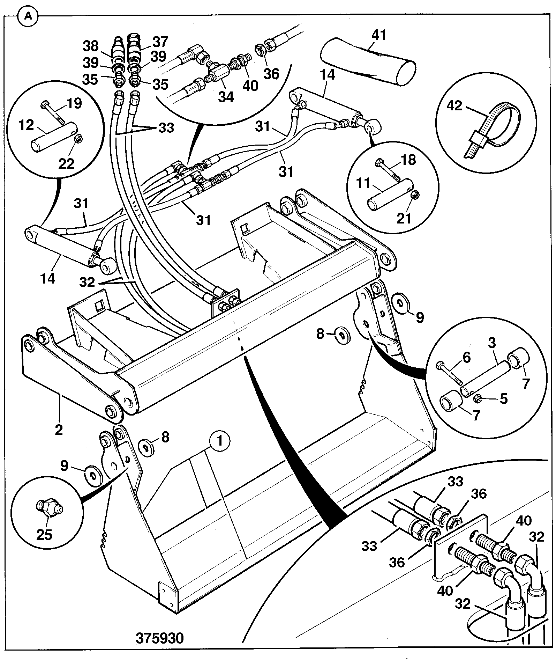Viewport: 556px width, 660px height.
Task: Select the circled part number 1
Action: (220, 441)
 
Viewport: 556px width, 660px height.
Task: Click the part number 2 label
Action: (58, 430)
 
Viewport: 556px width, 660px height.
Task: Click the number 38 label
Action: (90, 46)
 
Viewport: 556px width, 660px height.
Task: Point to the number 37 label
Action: (160, 42)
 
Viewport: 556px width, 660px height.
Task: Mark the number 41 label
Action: (379, 35)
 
